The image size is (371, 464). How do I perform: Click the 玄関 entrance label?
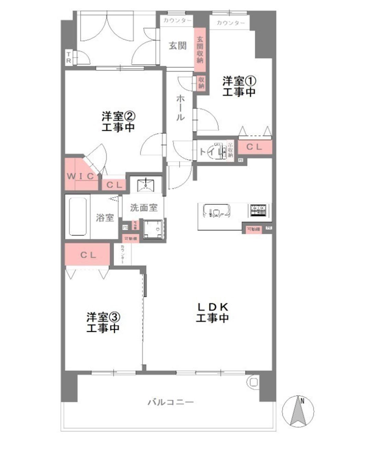click(178, 46)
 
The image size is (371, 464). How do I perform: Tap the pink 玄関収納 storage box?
click(200, 50)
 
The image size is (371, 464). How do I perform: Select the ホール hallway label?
click(180, 108)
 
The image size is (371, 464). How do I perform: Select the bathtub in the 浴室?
click(78, 216)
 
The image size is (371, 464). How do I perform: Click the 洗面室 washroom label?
click(144, 208)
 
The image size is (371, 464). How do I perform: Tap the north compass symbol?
click(298, 411)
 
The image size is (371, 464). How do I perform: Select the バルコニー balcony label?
click(171, 402)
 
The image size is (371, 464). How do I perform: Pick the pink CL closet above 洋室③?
click(88, 255)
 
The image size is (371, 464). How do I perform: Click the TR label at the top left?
click(69, 58)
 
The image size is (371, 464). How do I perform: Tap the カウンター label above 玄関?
click(177, 21)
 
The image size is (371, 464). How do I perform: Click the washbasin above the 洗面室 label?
click(146, 185)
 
